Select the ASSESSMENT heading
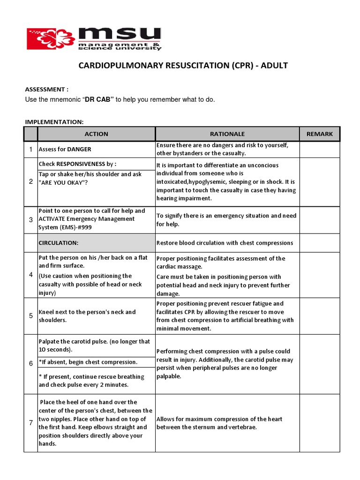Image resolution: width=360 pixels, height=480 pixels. point(47,89)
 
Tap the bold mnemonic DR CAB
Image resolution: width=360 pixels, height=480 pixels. point(99,100)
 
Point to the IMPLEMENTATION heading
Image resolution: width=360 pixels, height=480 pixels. point(54,122)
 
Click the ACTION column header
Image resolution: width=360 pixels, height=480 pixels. point(96,134)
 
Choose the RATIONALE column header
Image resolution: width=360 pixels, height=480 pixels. point(227,134)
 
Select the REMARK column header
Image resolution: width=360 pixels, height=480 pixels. point(319,134)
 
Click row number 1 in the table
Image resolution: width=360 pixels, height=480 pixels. point(30,150)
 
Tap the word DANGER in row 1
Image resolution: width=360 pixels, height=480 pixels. point(79,150)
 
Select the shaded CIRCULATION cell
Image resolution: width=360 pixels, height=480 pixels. point(96,243)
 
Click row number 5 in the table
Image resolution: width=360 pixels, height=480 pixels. point(30,316)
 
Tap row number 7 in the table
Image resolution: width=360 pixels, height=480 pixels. point(30,423)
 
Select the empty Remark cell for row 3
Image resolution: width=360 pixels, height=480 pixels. point(319,219)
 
